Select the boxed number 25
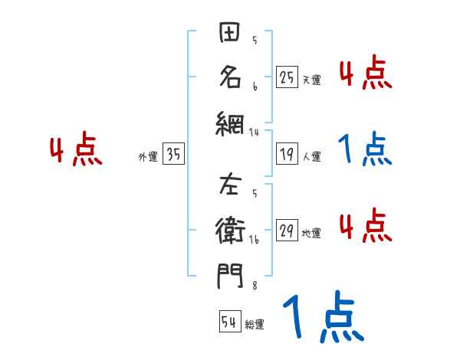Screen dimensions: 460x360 (287, 77)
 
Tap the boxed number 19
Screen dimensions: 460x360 (287, 153)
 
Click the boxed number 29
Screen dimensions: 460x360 (287, 229)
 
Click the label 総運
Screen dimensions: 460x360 (255, 325)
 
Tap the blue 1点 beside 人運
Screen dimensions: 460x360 (366, 150)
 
